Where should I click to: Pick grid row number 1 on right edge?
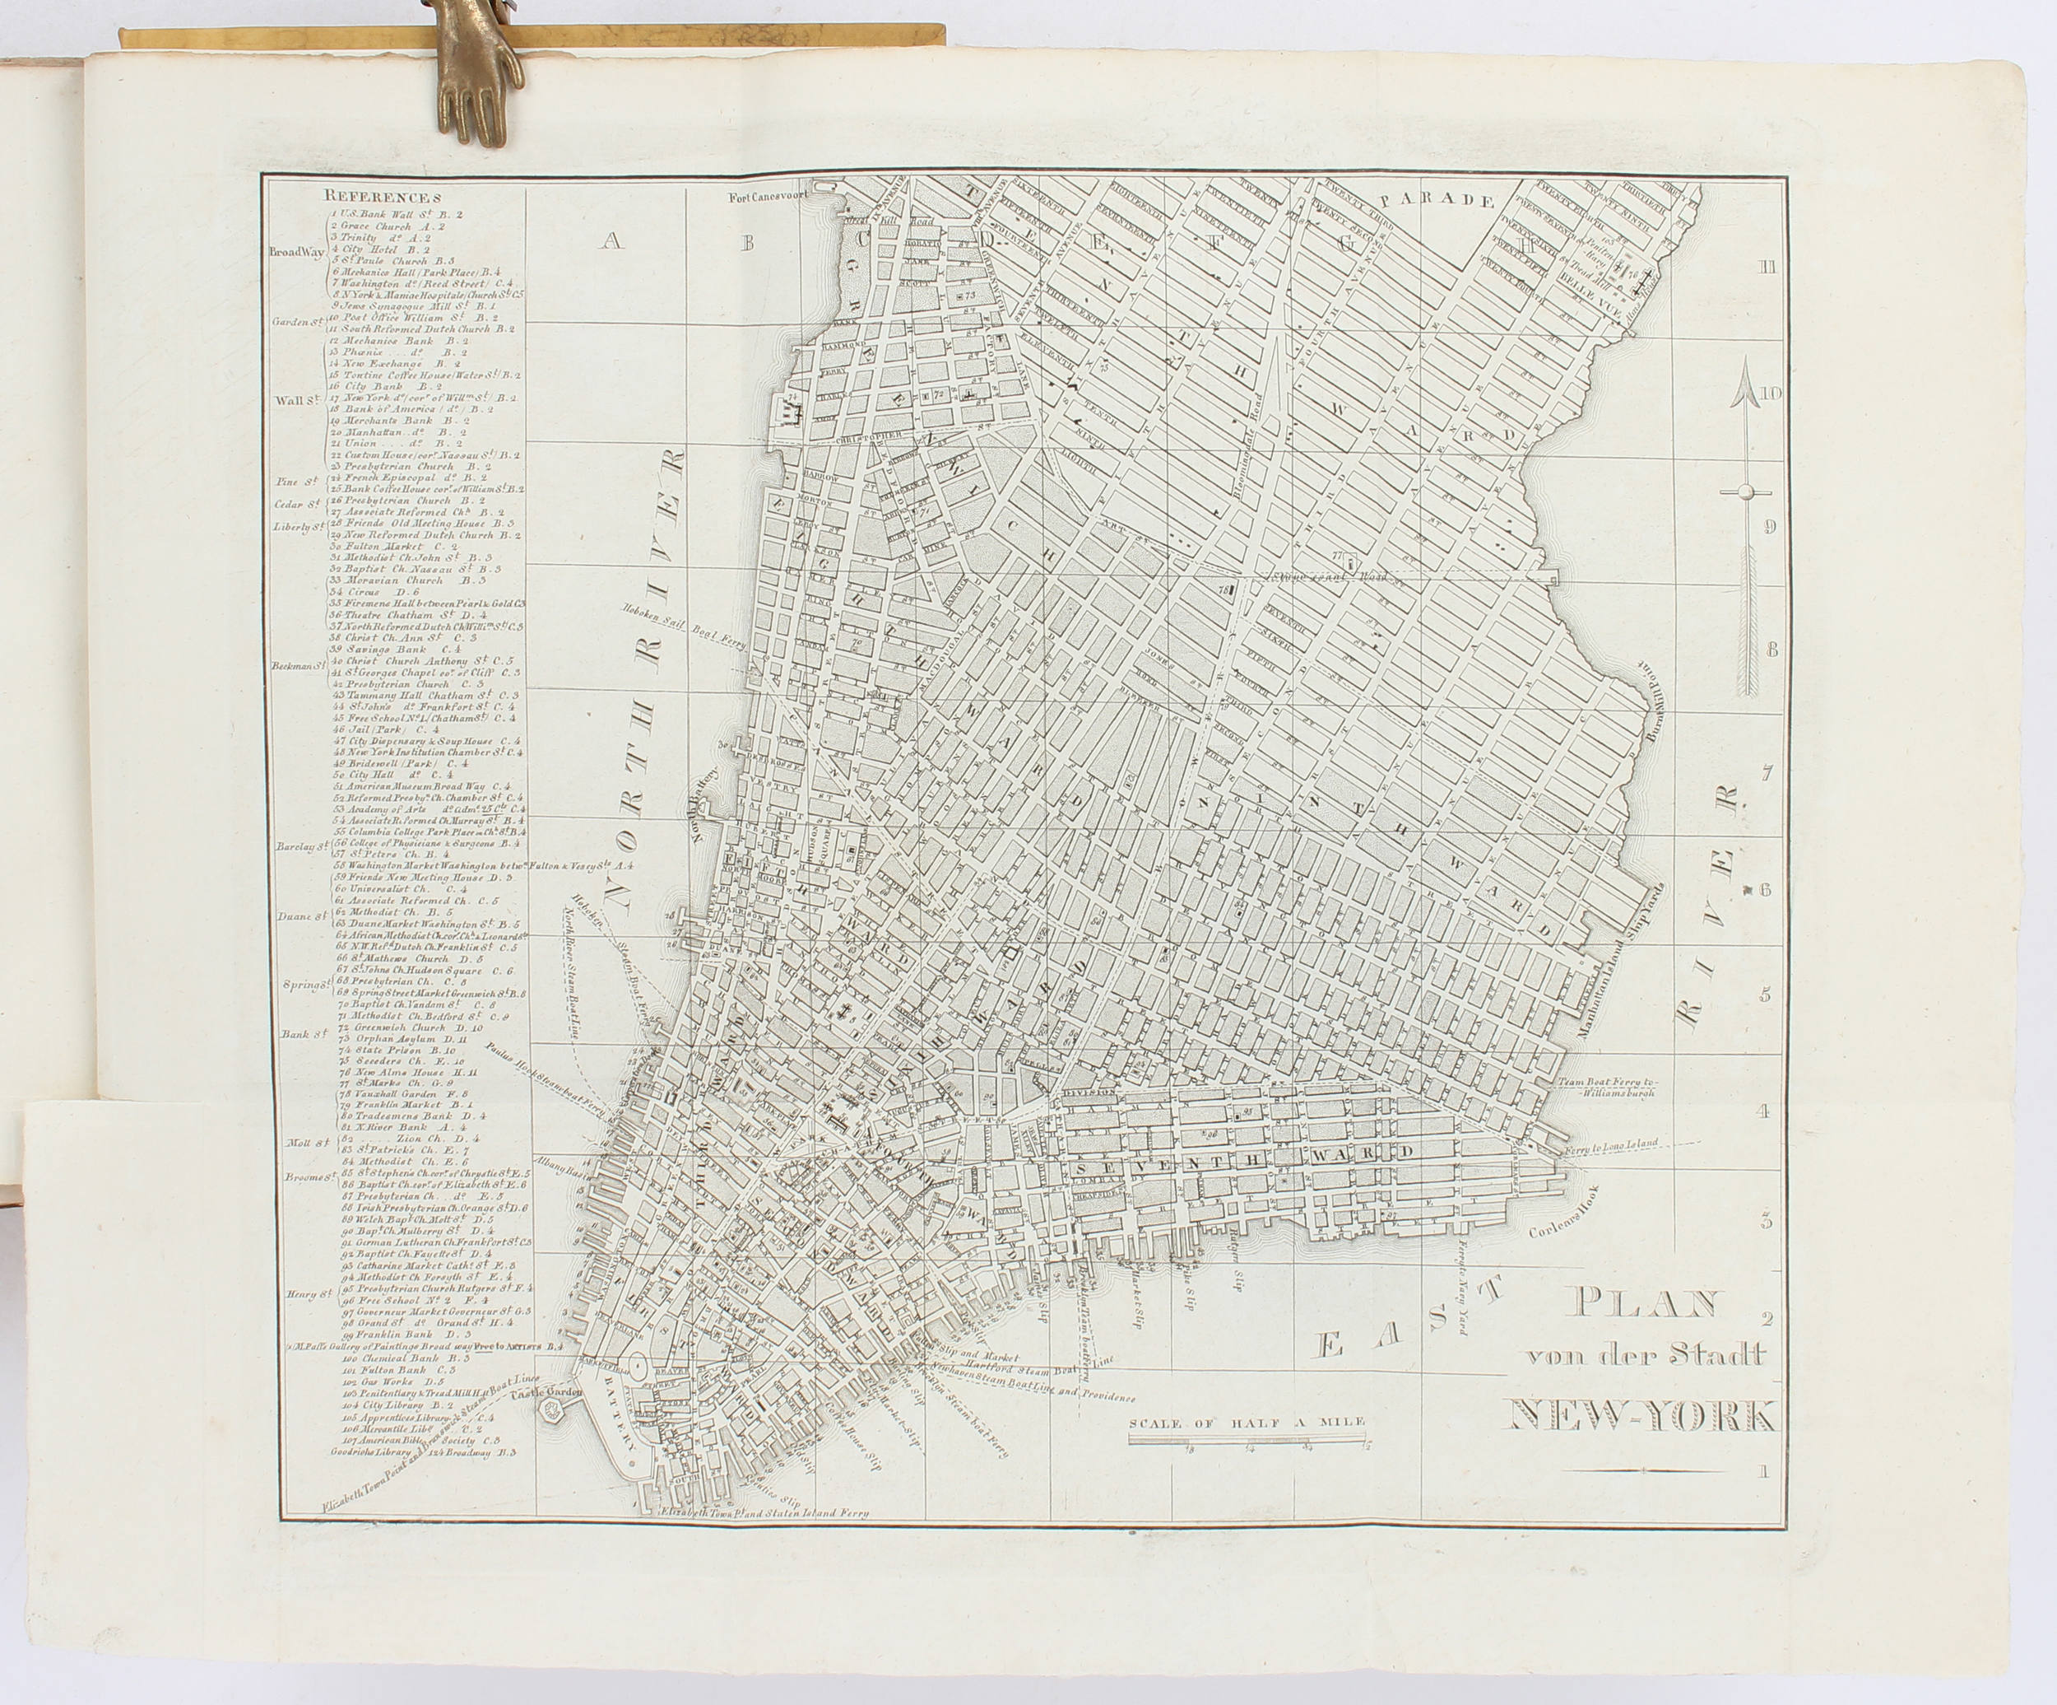(1764, 1498)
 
